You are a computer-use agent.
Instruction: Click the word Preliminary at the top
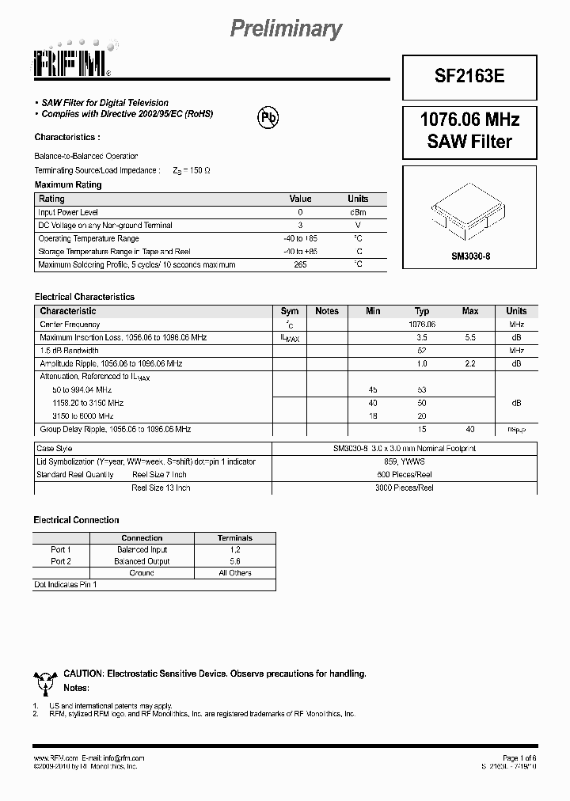coord(286,29)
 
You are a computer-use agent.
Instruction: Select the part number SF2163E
coord(469,76)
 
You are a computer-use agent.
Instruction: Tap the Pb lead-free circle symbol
coord(268,117)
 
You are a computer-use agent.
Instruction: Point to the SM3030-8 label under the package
coord(470,256)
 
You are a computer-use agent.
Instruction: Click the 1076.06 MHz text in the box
coord(469,120)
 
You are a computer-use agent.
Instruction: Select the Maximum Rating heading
coord(68,184)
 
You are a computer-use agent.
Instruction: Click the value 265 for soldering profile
coord(300,264)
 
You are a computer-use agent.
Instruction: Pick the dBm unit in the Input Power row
coord(358,212)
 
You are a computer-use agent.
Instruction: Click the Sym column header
coord(289,311)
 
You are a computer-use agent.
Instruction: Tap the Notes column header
coord(326,311)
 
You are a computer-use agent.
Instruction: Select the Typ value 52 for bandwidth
coord(422,350)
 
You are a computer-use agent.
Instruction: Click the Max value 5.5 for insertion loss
coord(470,337)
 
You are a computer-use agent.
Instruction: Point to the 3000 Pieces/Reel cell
coord(404,488)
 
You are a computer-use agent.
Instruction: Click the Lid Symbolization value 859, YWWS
coord(404,461)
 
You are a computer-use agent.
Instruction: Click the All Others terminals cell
coord(235,573)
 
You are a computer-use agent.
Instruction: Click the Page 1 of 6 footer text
coord(519,757)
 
